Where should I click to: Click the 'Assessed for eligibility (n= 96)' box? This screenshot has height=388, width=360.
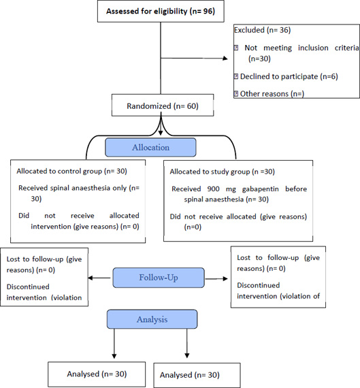coord(161,12)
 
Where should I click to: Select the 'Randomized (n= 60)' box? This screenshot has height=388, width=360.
coord(163,105)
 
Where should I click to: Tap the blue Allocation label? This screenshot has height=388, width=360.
coord(150,148)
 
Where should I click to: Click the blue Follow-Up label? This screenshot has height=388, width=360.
coord(159,278)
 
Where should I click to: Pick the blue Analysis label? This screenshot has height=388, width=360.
coord(152,319)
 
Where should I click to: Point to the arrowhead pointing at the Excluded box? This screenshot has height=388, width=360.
coord(225,59)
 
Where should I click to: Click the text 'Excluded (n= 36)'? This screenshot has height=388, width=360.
coord(262,30)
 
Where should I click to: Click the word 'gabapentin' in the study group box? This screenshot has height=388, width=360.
coord(260,189)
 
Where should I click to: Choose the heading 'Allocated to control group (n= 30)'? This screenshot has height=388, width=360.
coord(71,172)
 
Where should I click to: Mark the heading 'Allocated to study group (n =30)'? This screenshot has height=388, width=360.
coord(222,172)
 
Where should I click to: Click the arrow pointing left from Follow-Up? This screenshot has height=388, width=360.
coord(99,278)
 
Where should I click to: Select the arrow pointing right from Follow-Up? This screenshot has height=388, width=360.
coord(216,278)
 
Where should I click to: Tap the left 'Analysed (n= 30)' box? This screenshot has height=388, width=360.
coord(97,374)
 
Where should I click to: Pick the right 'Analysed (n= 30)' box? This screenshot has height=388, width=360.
coord(197,375)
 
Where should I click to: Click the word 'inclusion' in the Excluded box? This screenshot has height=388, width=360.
coord(313,48)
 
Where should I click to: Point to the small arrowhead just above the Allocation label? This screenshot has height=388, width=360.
coord(161,133)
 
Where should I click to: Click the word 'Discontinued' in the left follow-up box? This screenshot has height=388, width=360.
coord(28,287)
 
